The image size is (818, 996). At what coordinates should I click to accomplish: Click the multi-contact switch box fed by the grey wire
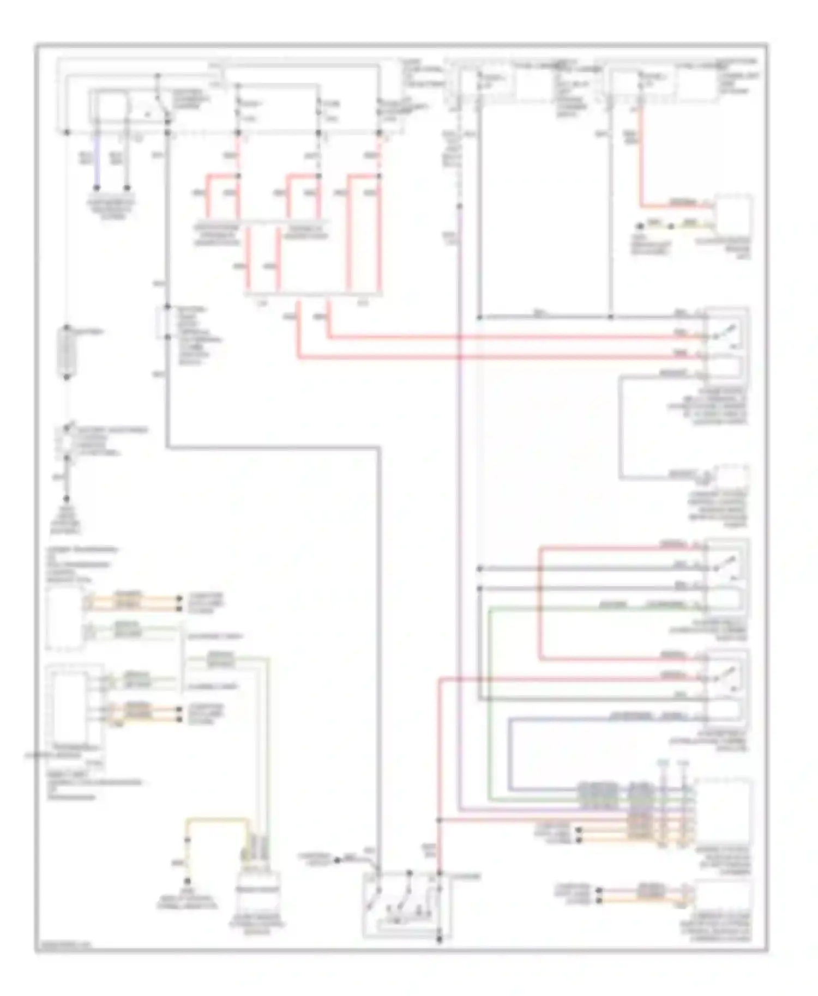click(x=406, y=904)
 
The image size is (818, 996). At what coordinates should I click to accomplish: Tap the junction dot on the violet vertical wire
click(x=460, y=207)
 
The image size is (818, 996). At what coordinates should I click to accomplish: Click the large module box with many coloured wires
click(x=723, y=812)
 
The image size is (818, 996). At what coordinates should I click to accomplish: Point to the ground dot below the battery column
click(x=67, y=499)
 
